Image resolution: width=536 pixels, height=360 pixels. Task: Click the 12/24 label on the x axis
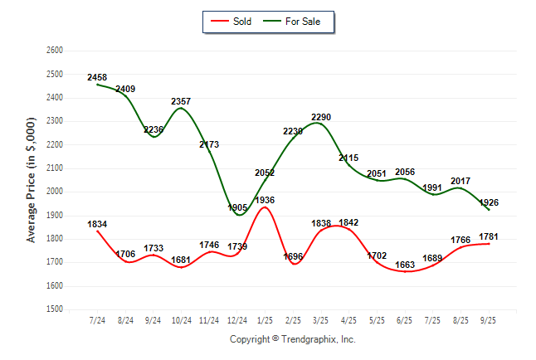coord(236,320)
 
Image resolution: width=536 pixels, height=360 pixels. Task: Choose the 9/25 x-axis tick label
coord(489,320)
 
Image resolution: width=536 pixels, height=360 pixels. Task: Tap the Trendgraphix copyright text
coord(291,339)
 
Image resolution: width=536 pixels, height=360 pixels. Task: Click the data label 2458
coord(97,77)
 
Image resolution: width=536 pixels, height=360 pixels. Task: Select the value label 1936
coord(266,200)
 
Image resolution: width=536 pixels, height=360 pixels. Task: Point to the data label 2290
coord(321,117)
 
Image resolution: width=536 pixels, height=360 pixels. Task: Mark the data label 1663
coord(405,265)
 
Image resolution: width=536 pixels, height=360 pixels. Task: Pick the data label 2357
coord(181,101)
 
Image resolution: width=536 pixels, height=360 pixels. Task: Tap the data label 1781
coord(490,236)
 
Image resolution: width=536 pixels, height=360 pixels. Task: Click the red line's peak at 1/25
coord(265,207)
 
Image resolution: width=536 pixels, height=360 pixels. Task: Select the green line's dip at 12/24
coord(237,215)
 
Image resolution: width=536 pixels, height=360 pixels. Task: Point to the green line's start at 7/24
coord(97,84)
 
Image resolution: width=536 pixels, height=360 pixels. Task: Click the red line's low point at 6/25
coord(405,271)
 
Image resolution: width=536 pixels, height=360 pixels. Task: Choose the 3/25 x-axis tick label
coord(321,320)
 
